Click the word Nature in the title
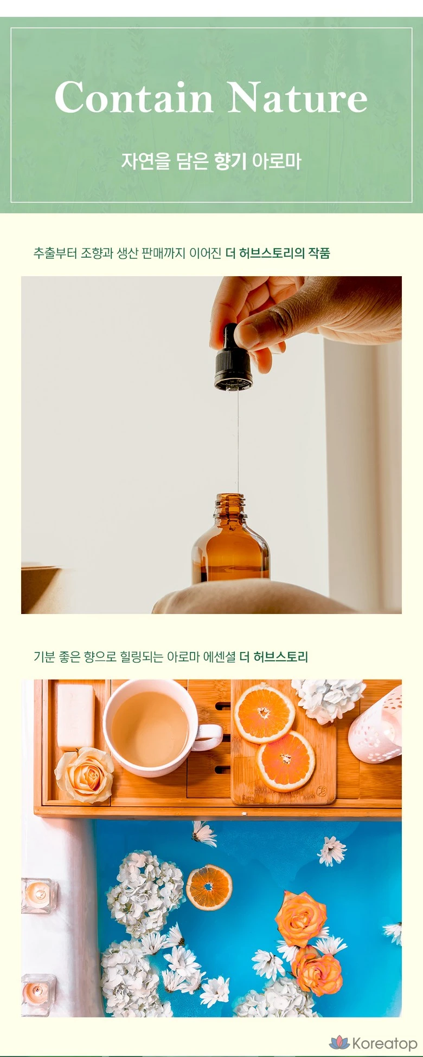click(298, 97)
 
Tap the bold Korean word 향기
click(230, 161)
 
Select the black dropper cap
click(233, 359)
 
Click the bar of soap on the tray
click(76, 717)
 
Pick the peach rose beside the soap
click(85, 775)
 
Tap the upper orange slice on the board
click(265, 713)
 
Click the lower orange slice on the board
click(286, 760)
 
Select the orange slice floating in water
click(209, 887)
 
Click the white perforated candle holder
click(376, 726)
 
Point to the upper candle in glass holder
click(39, 896)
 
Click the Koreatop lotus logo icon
click(339, 1042)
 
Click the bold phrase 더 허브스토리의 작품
click(278, 253)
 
